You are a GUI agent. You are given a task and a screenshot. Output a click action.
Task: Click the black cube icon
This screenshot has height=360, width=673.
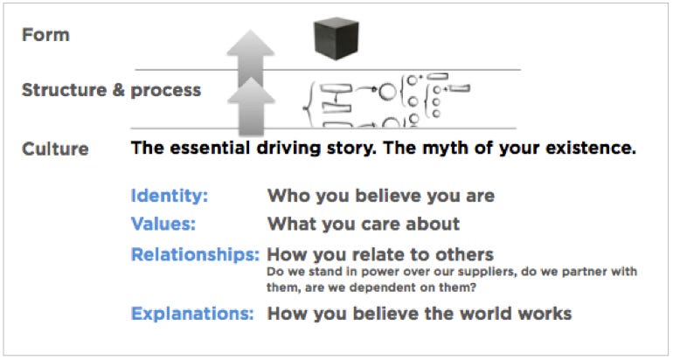[x=336, y=38]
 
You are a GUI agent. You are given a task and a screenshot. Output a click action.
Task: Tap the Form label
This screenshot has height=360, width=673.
[x=45, y=35]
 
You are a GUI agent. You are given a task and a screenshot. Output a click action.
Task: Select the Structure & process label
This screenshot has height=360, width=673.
[x=111, y=90]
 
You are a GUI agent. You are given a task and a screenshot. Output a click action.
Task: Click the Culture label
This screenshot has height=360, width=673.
[x=55, y=149]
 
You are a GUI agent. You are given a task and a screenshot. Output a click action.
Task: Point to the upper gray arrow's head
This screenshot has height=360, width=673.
[x=250, y=43]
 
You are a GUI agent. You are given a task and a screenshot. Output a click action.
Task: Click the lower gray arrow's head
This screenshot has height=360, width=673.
[x=251, y=91]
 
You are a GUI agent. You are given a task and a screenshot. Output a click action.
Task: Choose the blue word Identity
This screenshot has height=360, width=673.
[x=169, y=196]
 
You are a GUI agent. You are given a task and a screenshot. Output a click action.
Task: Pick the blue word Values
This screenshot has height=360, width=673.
[x=163, y=224]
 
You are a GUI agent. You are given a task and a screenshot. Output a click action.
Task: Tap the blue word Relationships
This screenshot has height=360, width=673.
[x=195, y=254]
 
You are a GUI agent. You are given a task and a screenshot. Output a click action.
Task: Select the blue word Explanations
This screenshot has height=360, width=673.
[x=192, y=313]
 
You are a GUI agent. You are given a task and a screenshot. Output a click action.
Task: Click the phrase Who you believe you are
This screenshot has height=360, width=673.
[x=381, y=196]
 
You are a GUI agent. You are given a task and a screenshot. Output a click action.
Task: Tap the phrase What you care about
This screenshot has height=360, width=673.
[x=363, y=224]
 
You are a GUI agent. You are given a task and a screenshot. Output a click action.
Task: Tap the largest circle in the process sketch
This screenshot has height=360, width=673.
[x=387, y=92]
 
